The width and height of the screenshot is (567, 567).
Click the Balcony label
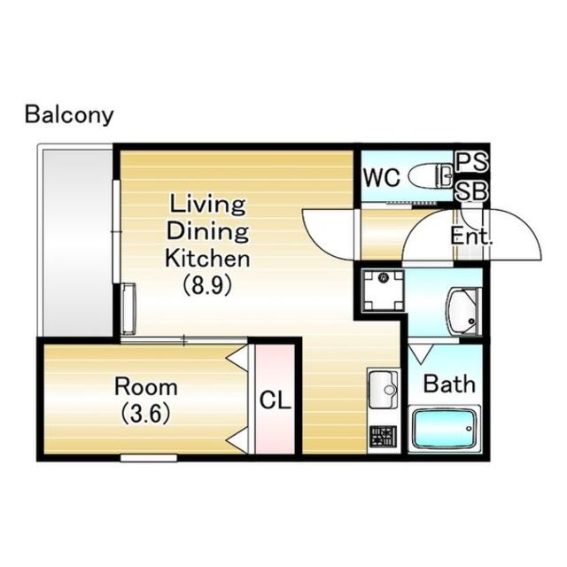[x=69, y=115]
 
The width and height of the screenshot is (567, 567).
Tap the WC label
[x=382, y=177]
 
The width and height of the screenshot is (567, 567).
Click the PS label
[x=471, y=161]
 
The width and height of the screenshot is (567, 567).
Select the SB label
[x=471, y=191]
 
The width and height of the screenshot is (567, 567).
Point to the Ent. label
[x=471, y=237]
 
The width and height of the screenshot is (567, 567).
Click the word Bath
[x=449, y=384]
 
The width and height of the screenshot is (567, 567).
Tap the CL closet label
[x=276, y=400]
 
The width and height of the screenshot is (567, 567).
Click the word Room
[x=146, y=387]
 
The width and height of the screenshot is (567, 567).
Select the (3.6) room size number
[x=145, y=414]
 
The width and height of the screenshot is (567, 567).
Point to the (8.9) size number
[x=207, y=285]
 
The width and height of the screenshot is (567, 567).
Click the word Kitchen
[x=207, y=258]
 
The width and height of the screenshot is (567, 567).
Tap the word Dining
[x=207, y=231]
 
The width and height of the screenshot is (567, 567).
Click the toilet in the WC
[x=431, y=175]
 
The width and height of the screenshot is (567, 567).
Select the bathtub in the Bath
[x=445, y=428]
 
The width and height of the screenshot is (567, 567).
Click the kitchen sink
[x=384, y=388]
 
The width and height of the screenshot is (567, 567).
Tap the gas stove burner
[x=384, y=437]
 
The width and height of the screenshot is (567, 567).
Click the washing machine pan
[x=384, y=291]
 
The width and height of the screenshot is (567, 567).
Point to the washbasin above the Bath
[x=464, y=311]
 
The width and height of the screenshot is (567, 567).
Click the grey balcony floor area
[x=77, y=243]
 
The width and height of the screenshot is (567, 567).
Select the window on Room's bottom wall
[x=149, y=458]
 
